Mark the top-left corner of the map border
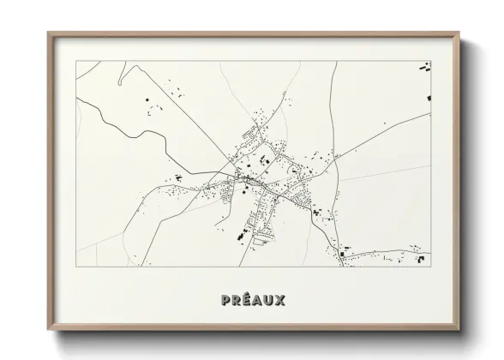(x=76, y=61)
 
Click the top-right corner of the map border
(x=430, y=61)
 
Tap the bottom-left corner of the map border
(x=76, y=267)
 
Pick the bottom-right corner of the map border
(x=430, y=267)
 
